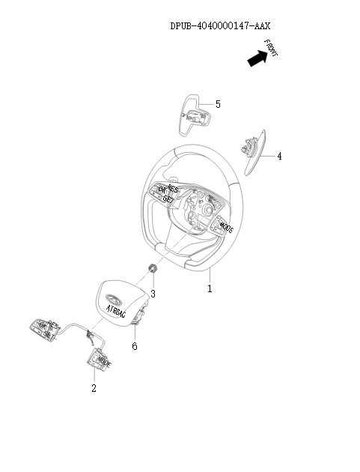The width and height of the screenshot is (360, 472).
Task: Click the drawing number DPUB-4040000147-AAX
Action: point(219,25)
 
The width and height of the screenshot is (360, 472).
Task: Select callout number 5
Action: point(217,104)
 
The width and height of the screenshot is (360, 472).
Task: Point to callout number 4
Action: point(279,157)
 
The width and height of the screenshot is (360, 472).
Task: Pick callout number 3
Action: point(153,294)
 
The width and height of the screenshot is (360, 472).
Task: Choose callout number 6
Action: point(135,346)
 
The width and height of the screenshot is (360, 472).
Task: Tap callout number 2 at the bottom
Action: point(94,388)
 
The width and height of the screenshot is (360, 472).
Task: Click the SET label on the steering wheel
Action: point(169,199)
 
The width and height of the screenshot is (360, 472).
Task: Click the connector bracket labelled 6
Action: point(138,321)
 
